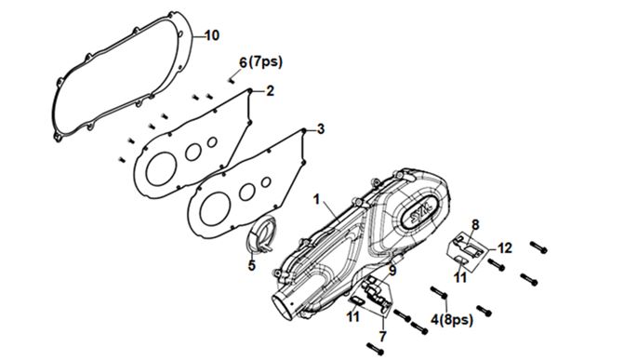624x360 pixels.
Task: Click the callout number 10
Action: point(212,35)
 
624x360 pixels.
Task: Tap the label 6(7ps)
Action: point(260,62)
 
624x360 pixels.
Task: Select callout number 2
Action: point(271,91)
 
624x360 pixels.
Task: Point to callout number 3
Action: point(320,129)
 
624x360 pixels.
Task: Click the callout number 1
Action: point(316,199)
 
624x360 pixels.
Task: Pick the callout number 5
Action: point(251,265)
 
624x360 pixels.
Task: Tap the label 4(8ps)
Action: point(452,319)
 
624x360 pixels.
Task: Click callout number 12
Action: point(505,248)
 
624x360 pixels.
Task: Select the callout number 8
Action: point(475,225)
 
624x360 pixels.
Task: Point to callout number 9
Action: point(392,272)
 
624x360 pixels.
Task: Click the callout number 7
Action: point(382,337)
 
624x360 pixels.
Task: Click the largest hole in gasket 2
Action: point(161,169)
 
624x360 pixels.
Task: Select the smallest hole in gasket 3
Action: point(266,182)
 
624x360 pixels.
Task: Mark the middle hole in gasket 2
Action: point(193,153)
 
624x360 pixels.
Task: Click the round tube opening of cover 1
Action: point(283,306)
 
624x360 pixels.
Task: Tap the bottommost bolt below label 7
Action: point(376,349)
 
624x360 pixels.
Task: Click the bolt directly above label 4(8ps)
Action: point(439,292)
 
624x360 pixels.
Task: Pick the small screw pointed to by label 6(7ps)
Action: point(232,80)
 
